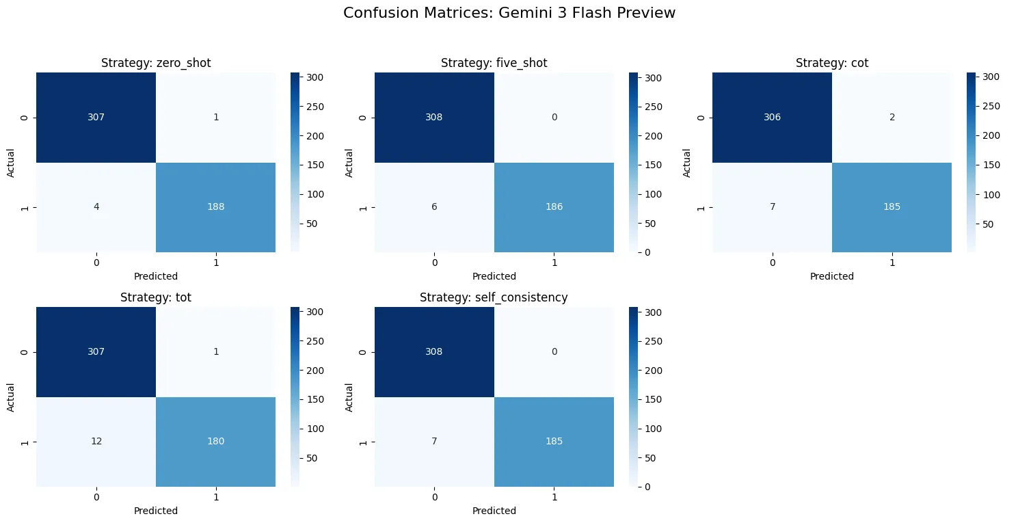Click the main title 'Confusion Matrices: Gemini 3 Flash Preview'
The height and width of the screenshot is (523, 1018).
[x=509, y=13]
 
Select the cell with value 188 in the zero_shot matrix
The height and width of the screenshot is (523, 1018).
[x=216, y=207]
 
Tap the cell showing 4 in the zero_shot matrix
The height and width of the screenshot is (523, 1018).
[x=96, y=207]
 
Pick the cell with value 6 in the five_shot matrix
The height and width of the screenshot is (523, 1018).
[x=434, y=207]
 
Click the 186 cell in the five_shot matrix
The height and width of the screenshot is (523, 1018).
[x=554, y=207]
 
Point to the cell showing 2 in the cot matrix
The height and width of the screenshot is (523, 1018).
[x=892, y=117]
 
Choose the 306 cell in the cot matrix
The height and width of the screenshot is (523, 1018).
[x=772, y=117]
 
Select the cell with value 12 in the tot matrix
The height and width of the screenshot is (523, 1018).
[x=96, y=441]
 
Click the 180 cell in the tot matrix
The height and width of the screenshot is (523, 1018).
[x=216, y=441]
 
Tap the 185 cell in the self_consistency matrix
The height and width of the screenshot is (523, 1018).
[x=554, y=441]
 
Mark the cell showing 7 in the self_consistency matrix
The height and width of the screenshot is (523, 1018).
[x=434, y=441]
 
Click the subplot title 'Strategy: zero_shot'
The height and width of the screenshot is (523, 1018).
[x=156, y=63]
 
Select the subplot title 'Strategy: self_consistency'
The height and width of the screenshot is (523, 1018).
[x=494, y=297]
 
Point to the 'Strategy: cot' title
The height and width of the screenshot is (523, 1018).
[x=831, y=63]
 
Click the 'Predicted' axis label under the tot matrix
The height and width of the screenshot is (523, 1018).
[x=156, y=511]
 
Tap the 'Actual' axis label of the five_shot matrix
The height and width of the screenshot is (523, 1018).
[x=349, y=162]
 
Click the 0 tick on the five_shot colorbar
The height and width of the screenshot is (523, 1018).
[x=647, y=252]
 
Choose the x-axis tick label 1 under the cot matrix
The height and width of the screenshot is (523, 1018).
[x=892, y=262]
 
